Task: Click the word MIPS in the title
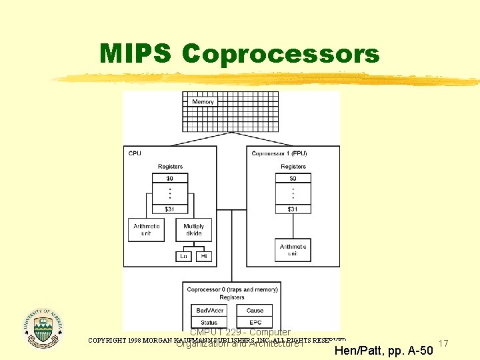135,53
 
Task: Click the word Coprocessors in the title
280,55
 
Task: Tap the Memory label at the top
203,102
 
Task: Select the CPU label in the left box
135,153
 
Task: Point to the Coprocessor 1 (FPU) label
279,153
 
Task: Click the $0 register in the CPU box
170,179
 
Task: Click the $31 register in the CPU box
170,209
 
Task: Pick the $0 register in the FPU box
293,179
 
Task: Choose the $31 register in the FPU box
293,209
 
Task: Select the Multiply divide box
194,230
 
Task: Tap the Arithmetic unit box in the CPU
147,230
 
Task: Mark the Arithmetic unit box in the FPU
293,250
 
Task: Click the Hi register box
204,256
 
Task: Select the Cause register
255,311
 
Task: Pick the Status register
209,323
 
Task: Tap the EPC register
255,323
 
